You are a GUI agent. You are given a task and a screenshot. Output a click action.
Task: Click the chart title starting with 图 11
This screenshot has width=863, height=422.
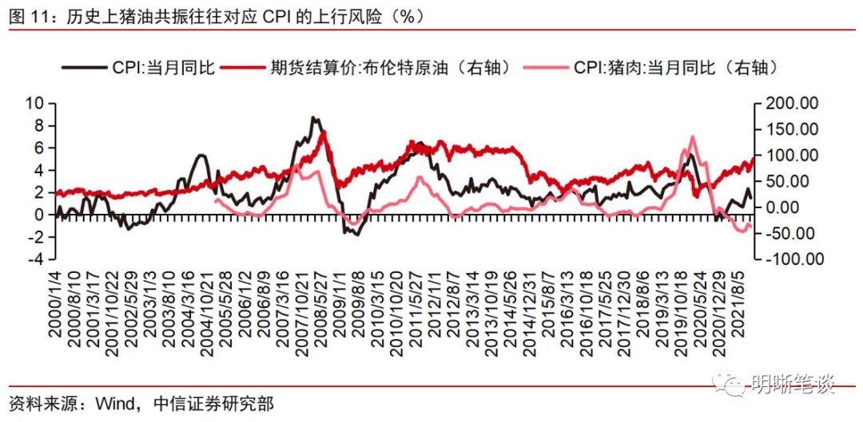pos(216,15)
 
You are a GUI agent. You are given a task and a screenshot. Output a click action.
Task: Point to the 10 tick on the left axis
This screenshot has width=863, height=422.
pos(34,103)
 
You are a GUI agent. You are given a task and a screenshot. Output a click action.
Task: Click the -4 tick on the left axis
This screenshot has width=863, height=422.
pos(34,259)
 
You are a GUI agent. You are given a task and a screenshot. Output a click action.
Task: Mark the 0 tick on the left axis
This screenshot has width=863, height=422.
pos(39,215)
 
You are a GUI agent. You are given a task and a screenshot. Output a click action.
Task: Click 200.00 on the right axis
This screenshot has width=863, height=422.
pos(792,103)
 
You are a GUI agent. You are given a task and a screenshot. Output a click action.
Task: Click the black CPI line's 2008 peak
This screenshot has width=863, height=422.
pos(314,118)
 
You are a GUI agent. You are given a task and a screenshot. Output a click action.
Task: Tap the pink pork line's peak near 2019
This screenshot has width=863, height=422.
pos(691,136)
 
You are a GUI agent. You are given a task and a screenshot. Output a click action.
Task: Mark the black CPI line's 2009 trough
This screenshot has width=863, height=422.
pos(355,234)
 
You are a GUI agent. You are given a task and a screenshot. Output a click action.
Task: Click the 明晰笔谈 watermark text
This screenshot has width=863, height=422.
pos(793,385)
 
